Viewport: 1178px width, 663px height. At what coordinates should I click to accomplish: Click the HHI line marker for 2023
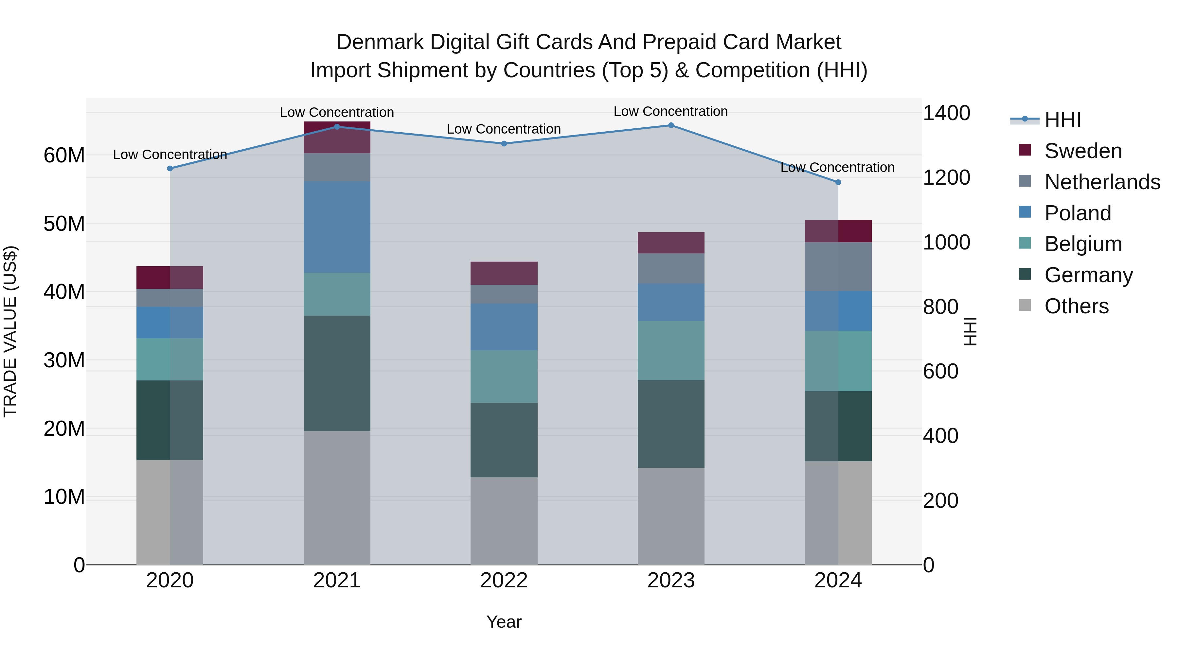point(671,125)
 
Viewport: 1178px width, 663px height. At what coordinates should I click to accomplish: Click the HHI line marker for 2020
point(170,168)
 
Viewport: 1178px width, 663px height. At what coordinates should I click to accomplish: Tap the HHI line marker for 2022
point(504,144)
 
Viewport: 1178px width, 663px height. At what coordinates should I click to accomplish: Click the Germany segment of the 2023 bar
point(671,424)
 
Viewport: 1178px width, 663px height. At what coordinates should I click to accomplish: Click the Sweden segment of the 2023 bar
point(671,243)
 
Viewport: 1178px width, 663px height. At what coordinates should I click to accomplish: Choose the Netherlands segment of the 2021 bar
point(337,167)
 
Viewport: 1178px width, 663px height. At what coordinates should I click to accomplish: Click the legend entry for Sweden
point(1083,151)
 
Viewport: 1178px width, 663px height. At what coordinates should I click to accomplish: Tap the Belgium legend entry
point(1083,244)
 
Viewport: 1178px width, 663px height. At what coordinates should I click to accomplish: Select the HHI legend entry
point(1062,120)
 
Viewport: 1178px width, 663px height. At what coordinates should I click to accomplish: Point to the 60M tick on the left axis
point(64,156)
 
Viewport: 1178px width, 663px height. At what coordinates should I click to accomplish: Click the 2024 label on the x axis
point(838,580)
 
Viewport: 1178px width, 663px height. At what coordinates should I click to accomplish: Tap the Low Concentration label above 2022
point(504,129)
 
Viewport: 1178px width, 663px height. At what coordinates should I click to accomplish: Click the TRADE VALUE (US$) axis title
point(10,331)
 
